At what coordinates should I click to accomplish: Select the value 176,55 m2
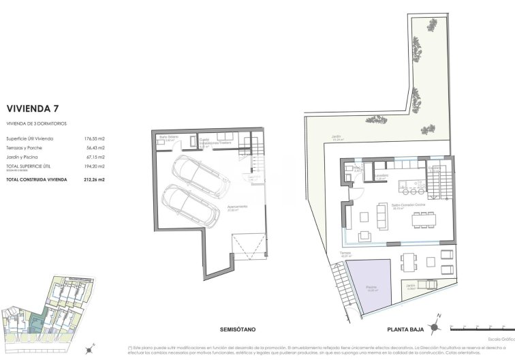[x=94, y=138]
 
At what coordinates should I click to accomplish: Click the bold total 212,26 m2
[x=95, y=179]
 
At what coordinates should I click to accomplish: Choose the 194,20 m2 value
[x=95, y=165]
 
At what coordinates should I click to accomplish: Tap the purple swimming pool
[x=369, y=286]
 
